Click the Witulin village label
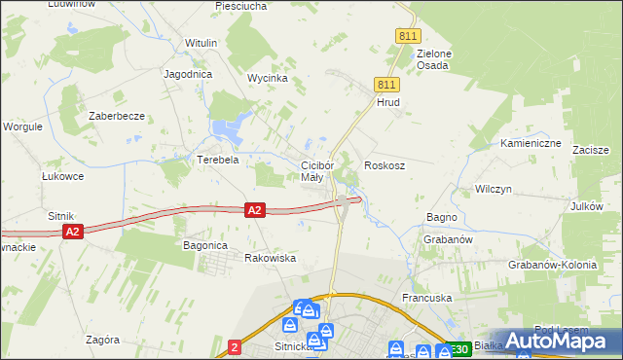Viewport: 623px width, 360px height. pos(202,44)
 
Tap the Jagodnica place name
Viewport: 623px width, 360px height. pos(188,74)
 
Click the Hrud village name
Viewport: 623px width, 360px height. pos(388,101)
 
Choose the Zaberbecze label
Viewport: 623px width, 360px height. pos(117,116)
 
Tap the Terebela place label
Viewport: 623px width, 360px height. pos(218,160)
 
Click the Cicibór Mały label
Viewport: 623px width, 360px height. pos(317,171)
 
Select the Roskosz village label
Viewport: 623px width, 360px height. pos(385,166)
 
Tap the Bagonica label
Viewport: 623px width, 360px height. pos(205,246)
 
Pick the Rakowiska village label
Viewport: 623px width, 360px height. pos(270,258)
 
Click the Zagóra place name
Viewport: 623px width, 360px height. pos(102,340)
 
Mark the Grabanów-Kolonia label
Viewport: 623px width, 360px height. pos(552,264)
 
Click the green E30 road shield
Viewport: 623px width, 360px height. pos(458,348)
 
